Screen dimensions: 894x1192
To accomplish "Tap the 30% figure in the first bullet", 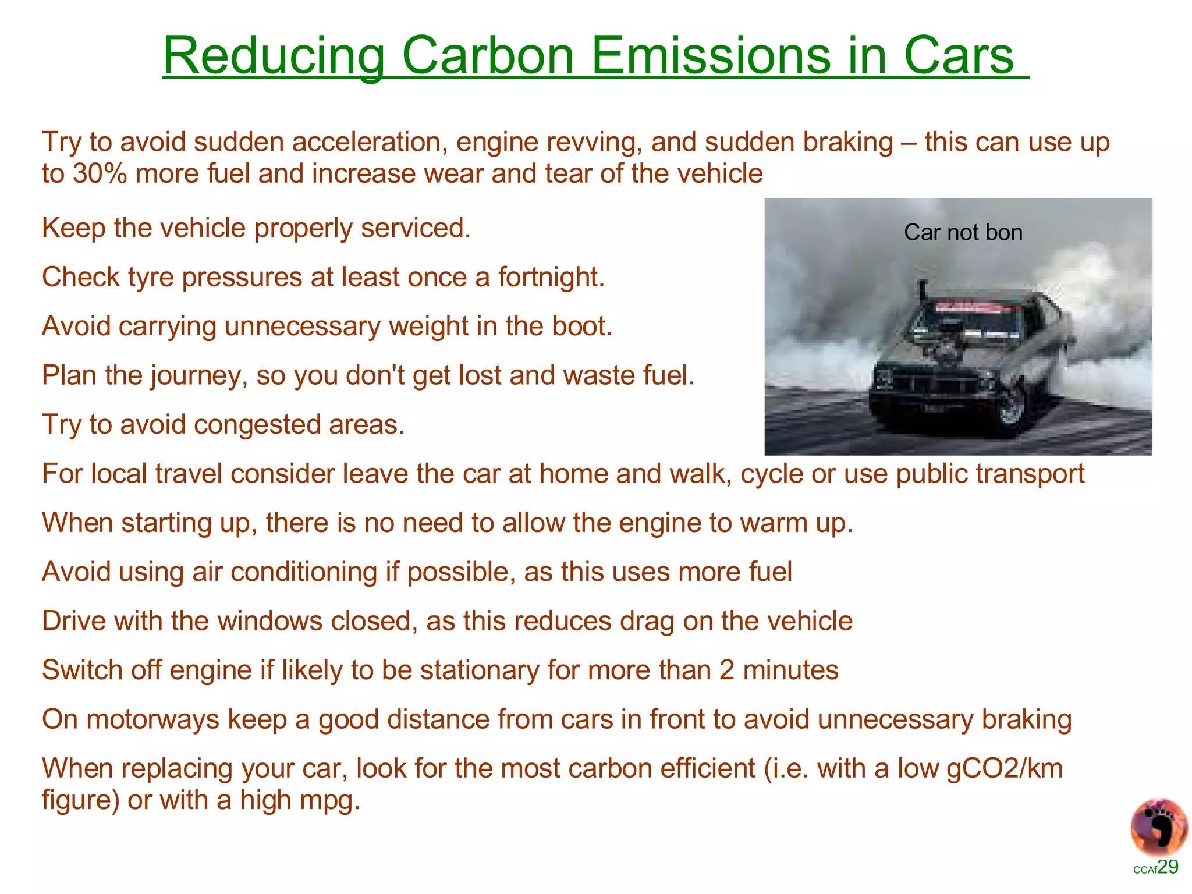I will (100, 173).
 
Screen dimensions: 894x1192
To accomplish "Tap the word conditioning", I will (304, 572).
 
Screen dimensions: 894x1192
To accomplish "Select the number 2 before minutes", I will (727, 670).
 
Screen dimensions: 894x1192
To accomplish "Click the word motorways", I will (152, 719).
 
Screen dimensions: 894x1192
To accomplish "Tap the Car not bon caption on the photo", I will (963, 233).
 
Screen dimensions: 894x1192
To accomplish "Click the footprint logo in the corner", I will (1158, 827).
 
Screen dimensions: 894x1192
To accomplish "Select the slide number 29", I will (1168, 867).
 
